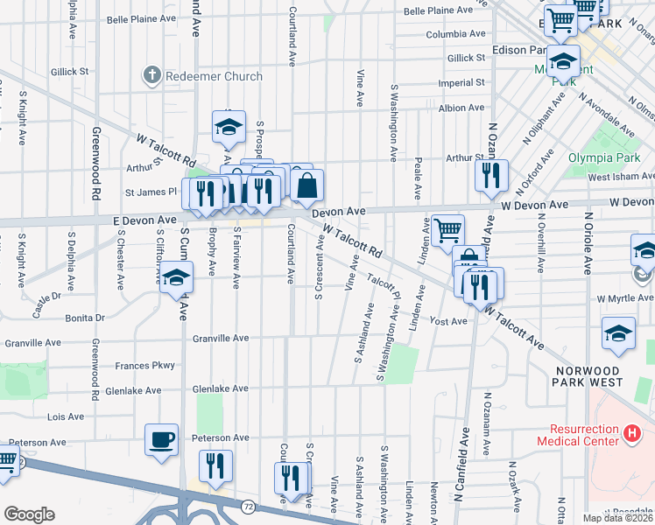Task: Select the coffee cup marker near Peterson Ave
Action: point(162,440)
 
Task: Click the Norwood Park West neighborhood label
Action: point(588,376)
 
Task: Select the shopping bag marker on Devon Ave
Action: point(307,186)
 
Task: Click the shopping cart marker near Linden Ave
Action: point(447,231)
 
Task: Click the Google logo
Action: point(29,514)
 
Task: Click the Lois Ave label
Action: point(65,416)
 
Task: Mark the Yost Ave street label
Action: point(448,321)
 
